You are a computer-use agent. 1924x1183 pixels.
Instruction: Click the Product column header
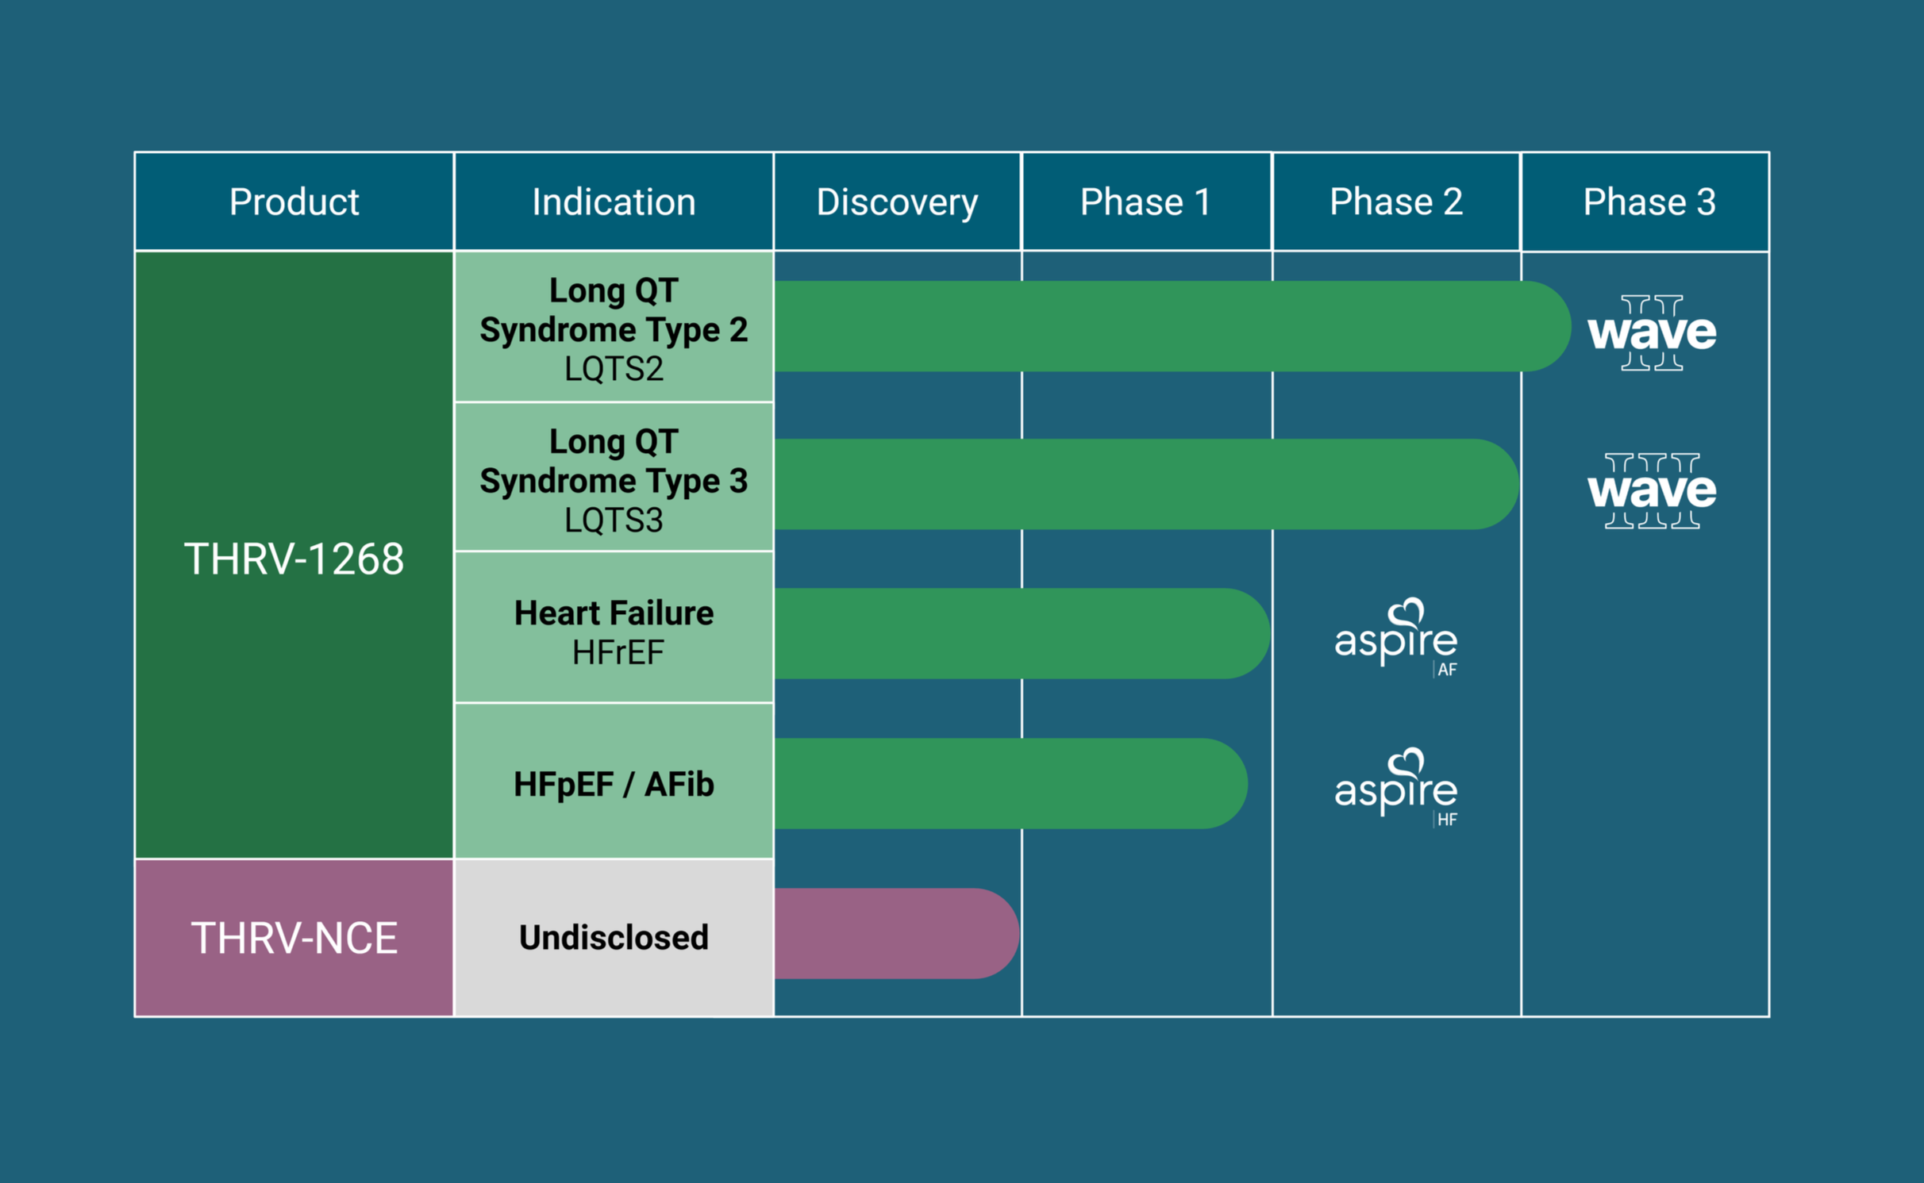[x=294, y=202]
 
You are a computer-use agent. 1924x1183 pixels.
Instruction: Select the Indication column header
[x=614, y=202]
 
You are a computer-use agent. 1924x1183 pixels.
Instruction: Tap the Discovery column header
[x=897, y=202]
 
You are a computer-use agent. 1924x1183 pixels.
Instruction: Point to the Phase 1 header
[x=1145, y=202]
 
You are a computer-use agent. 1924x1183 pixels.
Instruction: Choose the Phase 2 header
[x=1395, y=202]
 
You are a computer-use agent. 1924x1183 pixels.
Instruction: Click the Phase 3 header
[x=1649, y=202]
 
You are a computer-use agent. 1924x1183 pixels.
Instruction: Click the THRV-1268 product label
[x=294, y=559]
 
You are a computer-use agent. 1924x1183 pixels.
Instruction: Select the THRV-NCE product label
[x=294, y=938]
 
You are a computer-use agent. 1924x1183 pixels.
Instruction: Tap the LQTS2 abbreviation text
[x=614, y=369]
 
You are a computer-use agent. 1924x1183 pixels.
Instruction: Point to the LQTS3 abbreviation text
[x=614, y=520]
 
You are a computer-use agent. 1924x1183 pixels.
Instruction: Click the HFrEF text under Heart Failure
[x=618, y=653]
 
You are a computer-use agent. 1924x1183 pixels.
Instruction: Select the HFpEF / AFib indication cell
[x=614, y=784]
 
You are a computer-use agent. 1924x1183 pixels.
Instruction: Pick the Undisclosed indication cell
[x=614, y=938]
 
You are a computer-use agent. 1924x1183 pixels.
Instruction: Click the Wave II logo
[x=1651, y=332]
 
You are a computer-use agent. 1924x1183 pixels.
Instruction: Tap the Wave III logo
[x=1651, y=490]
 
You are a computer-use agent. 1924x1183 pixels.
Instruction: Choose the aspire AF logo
[x=1397, y=637]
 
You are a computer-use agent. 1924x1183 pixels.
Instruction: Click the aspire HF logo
[x=1397, y=787]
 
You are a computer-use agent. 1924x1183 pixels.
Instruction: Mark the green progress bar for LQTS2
[x=1167, y=326]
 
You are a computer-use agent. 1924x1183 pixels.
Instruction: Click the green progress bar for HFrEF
[x=1020, y=633]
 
